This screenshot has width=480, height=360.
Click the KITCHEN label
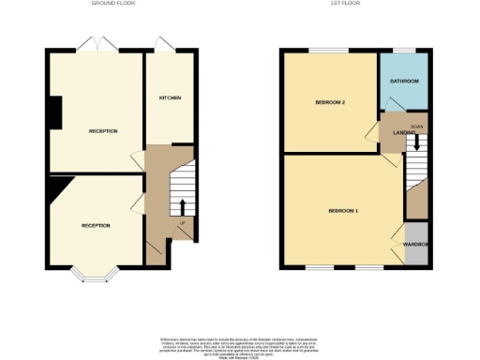pyautogui.click(x=170, y=98)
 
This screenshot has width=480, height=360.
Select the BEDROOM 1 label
pyautogui.click(x=343, y=212)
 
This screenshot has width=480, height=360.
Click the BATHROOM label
pyautogui.click(x=404, y=82)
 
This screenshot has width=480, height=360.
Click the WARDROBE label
pyautogui.click(x=416, y=245)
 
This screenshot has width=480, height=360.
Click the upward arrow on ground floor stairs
pyautogui.click(x=182, y=206)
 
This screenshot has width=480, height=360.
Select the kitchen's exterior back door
pyautogui.click(x=165, y=45)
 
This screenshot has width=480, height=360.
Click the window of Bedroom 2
pyautogui.click(x=329, y=50)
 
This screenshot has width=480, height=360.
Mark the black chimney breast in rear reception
pyautogui.click(x=55, y=112)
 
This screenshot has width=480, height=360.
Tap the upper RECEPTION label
pyautogui.click(x=103, y=131)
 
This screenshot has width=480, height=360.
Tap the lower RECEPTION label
pyautogui.click(x=96, y=226)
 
